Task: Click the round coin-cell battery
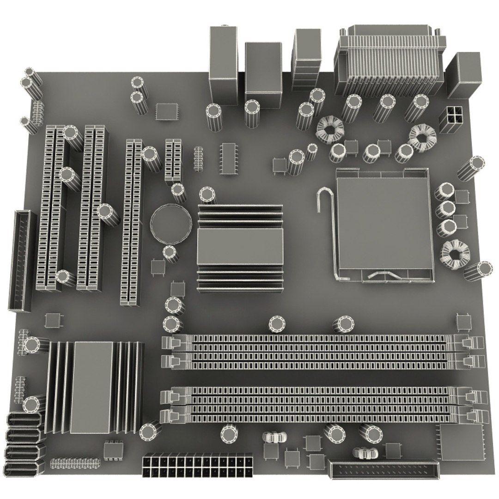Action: click(170, 223)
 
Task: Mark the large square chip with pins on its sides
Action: click(461, 441)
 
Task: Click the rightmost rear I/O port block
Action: click(463, 75)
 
